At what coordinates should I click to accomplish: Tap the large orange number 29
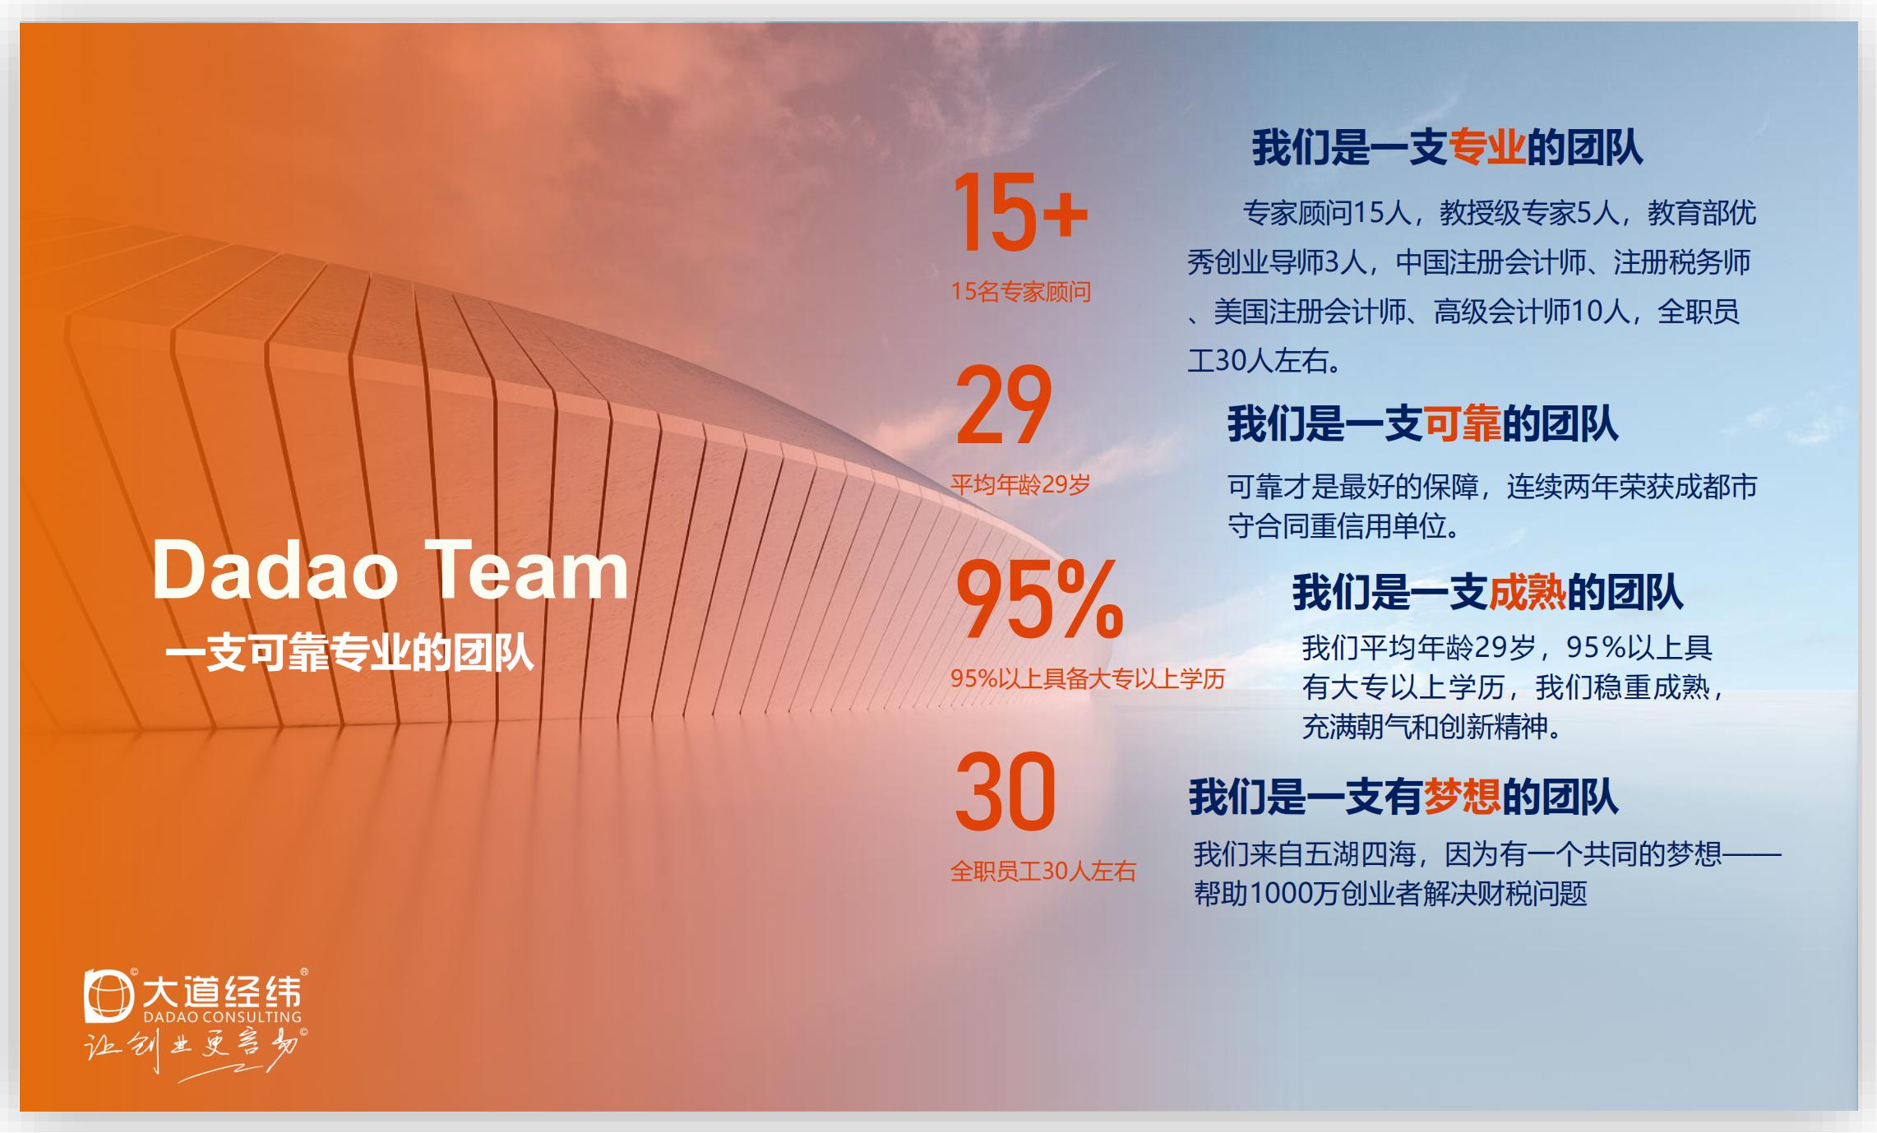point(1003,406)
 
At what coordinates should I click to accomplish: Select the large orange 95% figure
point(1039,599)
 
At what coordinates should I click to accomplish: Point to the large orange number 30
point(1005,792)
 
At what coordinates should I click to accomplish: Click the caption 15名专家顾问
point(1021,292)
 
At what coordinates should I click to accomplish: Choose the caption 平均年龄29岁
point(1020,485)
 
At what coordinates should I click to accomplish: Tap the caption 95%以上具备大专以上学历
point(1088,678)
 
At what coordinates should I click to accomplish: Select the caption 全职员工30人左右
point(1043,871)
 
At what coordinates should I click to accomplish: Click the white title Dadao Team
point(391,570)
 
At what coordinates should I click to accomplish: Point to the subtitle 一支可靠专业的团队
point(349,654)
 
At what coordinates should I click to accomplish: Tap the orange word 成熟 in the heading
point(1528,592)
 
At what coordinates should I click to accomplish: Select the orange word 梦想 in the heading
point(1462,797)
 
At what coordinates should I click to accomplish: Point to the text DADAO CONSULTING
point(222,1016)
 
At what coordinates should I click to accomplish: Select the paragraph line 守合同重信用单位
point(1343,526)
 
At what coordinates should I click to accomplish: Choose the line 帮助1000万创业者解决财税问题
point(1390,894)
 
